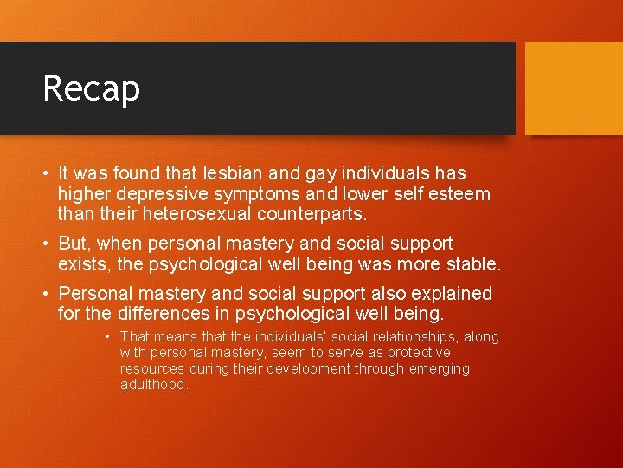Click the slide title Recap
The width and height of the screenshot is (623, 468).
[x=91, y=88]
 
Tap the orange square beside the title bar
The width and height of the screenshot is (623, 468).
[x=574, y=88]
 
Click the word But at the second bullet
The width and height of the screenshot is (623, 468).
[x=75, y=244]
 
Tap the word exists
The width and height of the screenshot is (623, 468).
[x=84, y=263]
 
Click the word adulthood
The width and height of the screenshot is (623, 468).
[x=153, y=385]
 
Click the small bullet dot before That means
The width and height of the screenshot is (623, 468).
[x=107, y=337]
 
